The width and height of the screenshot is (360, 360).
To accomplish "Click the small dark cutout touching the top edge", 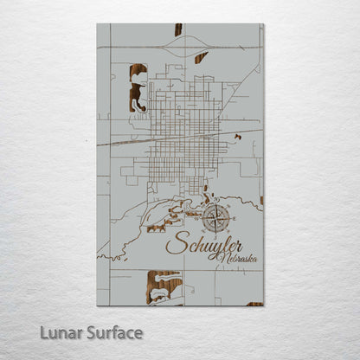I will pos(178,30).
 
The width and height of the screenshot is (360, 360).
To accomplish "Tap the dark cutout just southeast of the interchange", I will pos(201,58).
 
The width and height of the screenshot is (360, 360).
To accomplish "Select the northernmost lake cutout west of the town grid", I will pos(137,74).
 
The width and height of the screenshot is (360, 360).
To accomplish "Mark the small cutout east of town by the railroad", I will pos(237,137).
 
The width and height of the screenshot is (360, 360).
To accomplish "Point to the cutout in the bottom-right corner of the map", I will pos(254,303).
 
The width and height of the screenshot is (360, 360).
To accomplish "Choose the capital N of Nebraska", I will pos(223,257).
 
